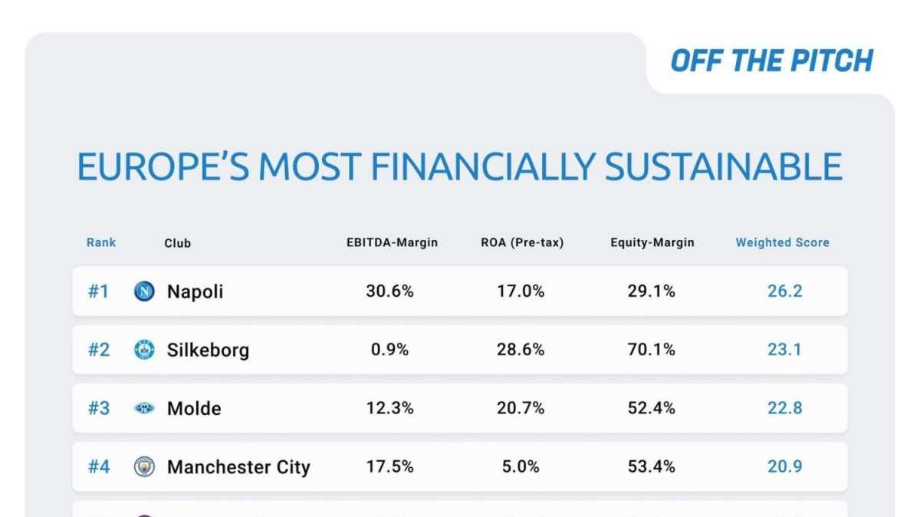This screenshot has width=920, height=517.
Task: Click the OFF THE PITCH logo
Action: tap(772, 61)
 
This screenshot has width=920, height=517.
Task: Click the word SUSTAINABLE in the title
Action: tap(724, 166)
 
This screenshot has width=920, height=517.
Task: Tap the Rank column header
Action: tap(101, 242)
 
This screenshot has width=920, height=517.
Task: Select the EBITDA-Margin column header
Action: tap(392, 242)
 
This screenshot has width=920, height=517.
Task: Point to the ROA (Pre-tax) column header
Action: tap(522, 242)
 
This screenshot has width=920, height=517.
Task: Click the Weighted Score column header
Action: tap(783, 242)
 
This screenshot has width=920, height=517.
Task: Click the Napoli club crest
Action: tap(145, 291)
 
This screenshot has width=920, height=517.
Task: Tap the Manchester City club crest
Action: tap(145, 466)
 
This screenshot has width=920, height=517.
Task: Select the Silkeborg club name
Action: tap(208, 350)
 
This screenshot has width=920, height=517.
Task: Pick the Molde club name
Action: tap(194, 409)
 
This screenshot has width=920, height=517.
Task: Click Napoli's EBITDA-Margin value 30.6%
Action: tap(389, 291)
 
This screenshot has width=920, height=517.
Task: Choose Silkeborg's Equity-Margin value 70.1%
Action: tap(652, 350)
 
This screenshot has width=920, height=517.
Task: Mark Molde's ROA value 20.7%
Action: tap(521, 408)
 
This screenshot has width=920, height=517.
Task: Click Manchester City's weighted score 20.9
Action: tap(785, 466)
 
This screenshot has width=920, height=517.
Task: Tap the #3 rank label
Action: tap(99, 408)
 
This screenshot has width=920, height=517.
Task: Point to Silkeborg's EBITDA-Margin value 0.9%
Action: tap(389, 350)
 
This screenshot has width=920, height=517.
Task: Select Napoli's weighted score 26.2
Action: tap(785, 291)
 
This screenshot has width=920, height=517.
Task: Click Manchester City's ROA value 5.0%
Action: tap(521, 466)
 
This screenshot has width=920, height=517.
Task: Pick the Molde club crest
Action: tap(145, 408)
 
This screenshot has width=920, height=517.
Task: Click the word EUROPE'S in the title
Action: tap(163, 166)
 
